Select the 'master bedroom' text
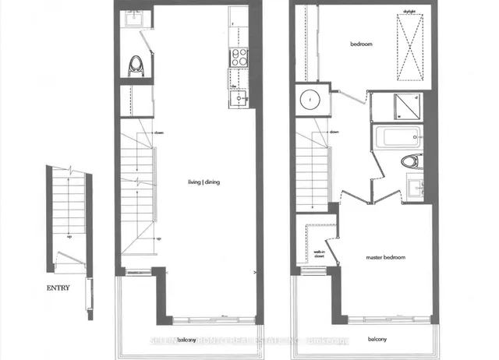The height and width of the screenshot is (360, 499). tap(385, 256)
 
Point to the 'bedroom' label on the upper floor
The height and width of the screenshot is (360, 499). tap(361, 44)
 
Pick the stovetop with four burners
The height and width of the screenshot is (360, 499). tap(238, 55)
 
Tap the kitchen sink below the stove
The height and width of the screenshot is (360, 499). tap(241, 98)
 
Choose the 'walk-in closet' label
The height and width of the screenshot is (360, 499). tap(319, 255)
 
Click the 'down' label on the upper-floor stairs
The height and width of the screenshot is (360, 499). tap(334, 132)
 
